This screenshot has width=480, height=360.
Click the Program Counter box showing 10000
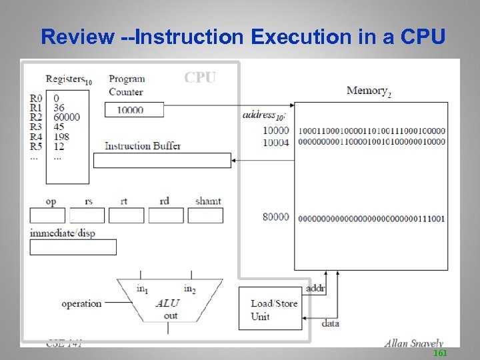(134, 110)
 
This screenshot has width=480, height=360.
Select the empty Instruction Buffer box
(162, 161)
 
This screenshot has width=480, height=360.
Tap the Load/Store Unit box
(269, 309)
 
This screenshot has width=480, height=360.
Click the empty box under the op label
(47, 216)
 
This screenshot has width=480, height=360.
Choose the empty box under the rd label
(166, 216)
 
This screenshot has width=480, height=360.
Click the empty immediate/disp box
(73, 247)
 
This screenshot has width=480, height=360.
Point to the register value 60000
(67, 117)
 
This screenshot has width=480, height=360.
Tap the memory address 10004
(276, 141)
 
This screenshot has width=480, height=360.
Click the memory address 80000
(276, 217)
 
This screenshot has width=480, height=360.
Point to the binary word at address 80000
(372, 218)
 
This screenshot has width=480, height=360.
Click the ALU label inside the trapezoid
(167, 303)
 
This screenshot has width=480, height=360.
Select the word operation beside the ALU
(81, 303)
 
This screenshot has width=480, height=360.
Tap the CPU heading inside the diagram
(200, 77)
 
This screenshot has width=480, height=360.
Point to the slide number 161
(440, 353)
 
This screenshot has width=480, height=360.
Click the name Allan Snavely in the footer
(413, 343)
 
